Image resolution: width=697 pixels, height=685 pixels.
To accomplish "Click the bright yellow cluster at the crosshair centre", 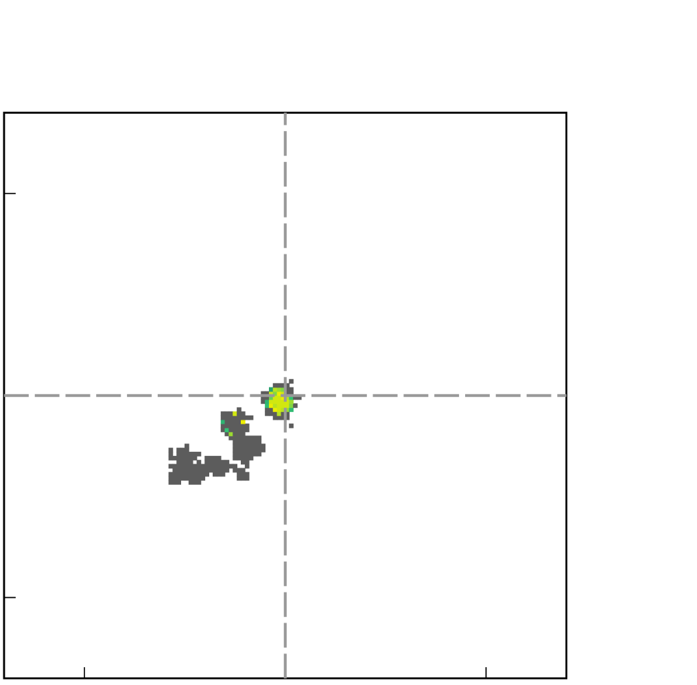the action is (x=279, y=403).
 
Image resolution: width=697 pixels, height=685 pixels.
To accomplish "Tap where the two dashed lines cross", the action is (x=285, y=396).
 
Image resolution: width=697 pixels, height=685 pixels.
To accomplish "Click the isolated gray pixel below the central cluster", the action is (x=291, y=426).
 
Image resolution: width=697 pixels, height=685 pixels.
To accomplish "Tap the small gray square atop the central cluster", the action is (x=291, y=381).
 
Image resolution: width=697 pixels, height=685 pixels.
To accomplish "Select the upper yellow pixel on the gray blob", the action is (x=235, y=413).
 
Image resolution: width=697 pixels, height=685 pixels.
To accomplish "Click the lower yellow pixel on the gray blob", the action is (x=243, y=422).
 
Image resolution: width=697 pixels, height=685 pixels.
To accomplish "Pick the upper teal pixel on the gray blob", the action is (x=222, y=422).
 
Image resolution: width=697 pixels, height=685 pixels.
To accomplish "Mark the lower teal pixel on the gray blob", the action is (x=226, y=430).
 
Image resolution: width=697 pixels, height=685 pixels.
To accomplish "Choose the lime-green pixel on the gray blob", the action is (x=231, y=434).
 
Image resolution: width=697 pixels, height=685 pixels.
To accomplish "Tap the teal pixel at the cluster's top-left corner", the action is (x=271, y=389).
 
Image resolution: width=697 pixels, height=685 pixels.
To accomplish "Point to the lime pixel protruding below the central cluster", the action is (x=279, y=414).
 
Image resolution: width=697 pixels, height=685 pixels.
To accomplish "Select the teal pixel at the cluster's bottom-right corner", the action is (x=291, y=410).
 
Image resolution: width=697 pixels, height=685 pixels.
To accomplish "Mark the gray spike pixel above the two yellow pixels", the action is (x=239, y=409).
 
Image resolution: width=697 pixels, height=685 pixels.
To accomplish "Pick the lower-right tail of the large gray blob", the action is (x=243, y=477).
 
